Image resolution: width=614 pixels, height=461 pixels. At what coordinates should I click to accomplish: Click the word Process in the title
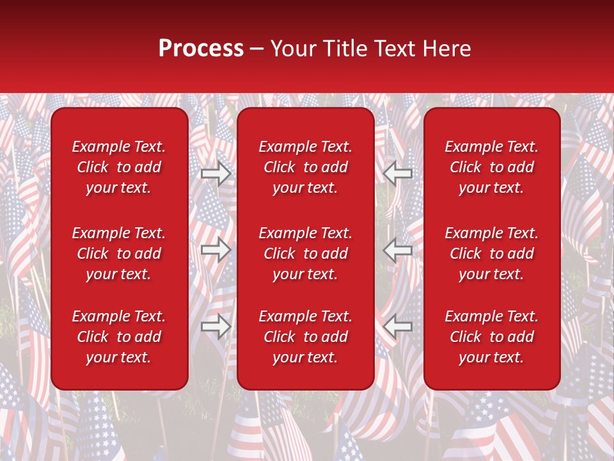point(201,49)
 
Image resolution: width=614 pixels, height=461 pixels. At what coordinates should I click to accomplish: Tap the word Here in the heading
point(446,49)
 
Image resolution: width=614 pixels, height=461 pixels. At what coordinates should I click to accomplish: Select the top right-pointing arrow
point(216,173)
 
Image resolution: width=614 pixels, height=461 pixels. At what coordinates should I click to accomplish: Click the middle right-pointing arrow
point(216,250)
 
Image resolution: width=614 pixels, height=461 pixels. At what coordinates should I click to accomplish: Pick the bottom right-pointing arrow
point(216,327)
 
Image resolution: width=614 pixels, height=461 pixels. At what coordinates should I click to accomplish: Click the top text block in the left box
point(119,167)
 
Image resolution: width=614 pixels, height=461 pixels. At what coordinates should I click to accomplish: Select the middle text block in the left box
point(119,254)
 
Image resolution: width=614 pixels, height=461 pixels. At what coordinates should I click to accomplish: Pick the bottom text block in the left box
point(119,337)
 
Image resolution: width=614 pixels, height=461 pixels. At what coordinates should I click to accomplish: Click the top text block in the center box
point(305,167)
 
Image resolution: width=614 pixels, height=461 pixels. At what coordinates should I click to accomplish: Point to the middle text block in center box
point(305,254)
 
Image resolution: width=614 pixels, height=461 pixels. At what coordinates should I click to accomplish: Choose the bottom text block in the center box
point(305,337)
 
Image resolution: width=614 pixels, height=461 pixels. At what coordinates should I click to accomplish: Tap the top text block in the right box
point(491,167)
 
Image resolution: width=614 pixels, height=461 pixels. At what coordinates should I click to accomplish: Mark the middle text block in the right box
point(491,254)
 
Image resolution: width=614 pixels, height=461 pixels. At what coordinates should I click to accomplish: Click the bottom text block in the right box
point(491,337)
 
